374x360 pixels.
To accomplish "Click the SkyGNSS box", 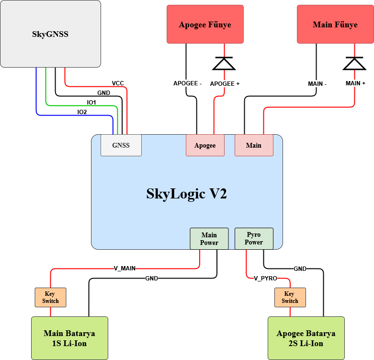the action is [x=51, y=34].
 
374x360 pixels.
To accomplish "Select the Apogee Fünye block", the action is [x=205, y=24].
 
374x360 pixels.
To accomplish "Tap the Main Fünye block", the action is [x=335, y=24].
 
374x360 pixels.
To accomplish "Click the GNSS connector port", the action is [x=121, y=145].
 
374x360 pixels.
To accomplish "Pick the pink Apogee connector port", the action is [x=205, y=145].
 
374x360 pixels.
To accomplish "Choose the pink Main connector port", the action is [x=254, y=145].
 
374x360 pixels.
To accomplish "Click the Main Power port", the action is [x=209, y=239].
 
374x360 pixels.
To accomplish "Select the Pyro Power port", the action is [x=254, y=239].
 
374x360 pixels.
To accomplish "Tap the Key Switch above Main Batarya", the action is [x=51, y=298].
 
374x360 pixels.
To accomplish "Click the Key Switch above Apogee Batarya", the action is [x=290, y=298].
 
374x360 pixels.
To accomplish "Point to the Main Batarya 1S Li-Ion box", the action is [x=69, y=338].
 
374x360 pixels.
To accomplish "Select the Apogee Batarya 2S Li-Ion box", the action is [x=306, y=338].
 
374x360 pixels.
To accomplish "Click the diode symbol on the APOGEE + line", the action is [x=224, y=63].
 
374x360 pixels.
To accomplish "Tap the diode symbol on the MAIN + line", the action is [x=354, y=63].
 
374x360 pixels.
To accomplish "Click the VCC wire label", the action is [x=118, y=83].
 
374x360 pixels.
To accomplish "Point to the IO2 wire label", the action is [x=82, y=112].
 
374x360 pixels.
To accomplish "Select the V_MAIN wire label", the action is [x=125, y=268].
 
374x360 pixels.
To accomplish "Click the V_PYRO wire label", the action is [x=265, y=279].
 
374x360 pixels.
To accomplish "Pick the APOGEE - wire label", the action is [x=187, y=83].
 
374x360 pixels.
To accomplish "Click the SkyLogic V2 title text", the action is [x=187, y=194].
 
